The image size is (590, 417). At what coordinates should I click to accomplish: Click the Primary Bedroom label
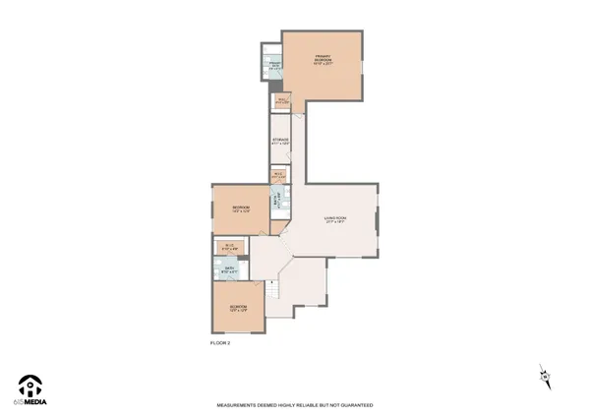click(x=324, y=59)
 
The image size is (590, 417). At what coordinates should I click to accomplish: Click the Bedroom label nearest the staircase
click(x=238, y=309)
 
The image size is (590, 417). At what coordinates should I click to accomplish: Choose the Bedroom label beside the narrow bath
click(x=241, y=208)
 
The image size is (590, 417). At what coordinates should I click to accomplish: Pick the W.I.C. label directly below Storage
click(x=278, y=175)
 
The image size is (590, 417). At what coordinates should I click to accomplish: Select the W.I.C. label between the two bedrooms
click(x=228, y=246)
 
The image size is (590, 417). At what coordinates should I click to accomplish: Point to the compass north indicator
click(x=544, y=375)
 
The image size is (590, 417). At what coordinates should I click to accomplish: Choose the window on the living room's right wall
click(x=377, y=221)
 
